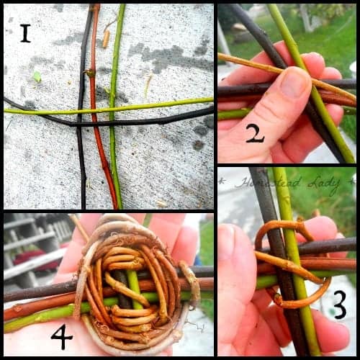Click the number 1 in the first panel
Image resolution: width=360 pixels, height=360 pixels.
point(25,33)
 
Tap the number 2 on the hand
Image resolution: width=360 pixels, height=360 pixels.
point(255,132)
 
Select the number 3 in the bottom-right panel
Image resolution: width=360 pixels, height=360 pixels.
point(339,305)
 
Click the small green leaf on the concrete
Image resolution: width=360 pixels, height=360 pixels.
point(36,76)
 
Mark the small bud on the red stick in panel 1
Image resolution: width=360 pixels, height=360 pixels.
point(91,73)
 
